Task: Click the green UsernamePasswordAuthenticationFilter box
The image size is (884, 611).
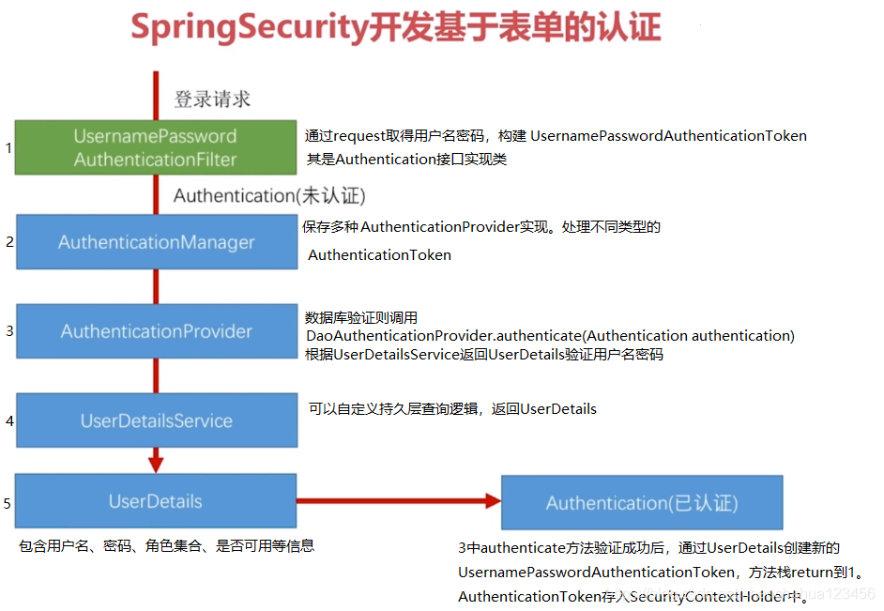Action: tap(156, 147)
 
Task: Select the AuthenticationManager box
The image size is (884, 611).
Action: tap(156, 242)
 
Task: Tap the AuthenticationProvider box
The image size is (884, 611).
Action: tap(156, 331)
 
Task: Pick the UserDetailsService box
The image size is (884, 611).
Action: tap(156, 420)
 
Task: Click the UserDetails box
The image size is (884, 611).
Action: tap(156, 501)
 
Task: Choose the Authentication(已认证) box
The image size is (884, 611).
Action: tap(642, 503)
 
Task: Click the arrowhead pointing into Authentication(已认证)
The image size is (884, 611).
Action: tap(493, 501)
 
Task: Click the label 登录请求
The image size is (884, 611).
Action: tap(212, 99)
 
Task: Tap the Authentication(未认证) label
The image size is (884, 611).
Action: tap(269, 195)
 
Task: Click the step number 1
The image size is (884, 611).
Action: tap(8, 147)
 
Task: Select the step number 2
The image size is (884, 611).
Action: tap(9, 242)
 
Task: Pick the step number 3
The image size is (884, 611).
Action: tap(9, 331)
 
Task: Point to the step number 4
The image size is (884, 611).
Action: tap(9, 420)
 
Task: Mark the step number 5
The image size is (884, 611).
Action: tap(8, 503)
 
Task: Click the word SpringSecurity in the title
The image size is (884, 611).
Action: tap(248, 27)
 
